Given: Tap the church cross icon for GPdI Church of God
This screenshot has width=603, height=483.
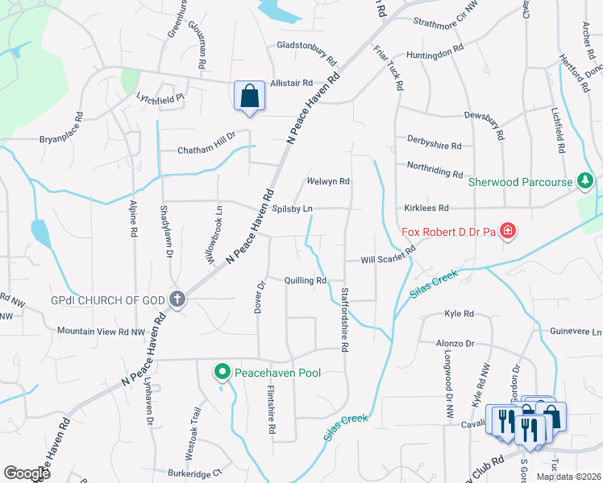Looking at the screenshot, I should [x=178, y=299].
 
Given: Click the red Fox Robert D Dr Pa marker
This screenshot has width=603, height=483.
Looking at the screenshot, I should [x=508, y=233].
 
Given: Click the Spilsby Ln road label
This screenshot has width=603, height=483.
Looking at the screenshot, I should [x=292, y=208].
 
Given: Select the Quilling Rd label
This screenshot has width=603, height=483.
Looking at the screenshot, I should [x=305, y=280].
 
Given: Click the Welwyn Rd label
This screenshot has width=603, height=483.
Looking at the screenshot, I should [x=328, y=181].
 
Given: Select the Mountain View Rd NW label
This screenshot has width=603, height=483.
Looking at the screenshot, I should [x=101, y=331].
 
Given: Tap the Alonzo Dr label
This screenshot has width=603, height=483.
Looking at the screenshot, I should [x=455, y=343].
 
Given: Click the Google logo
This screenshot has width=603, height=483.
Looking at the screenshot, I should [x=27, y=473].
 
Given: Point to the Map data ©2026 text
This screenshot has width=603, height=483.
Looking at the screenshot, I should [x=568, y=477].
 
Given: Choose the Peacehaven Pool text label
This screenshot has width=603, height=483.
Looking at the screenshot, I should [x=277, y=373].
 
